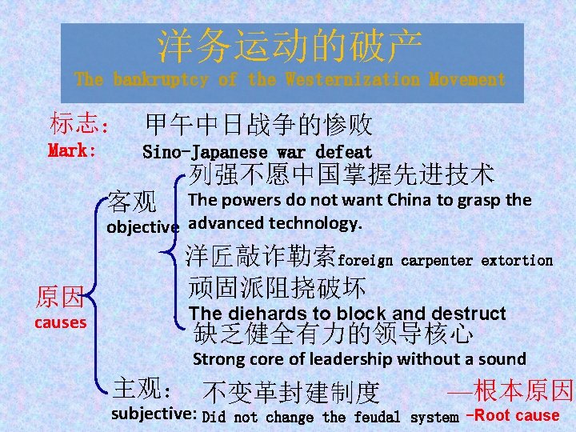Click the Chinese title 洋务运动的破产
[x=290, y=47]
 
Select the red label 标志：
[x=80, y=124]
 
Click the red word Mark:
[x=73, y=150]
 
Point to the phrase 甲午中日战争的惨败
[x=258, y=124]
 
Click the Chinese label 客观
[x=134, y=200]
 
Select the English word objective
[x=142, y=226]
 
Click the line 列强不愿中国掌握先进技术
[x=342, y=173]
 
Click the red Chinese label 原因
[x=59, y=298]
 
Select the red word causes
[x=60, y=322]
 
